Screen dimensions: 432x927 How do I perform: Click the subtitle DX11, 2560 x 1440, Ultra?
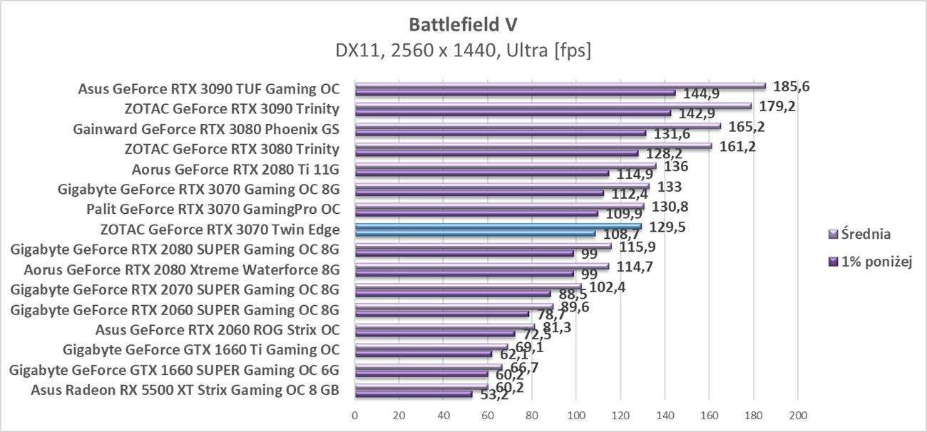click(463, 51)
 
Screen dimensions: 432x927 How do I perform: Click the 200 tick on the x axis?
click(797, 414)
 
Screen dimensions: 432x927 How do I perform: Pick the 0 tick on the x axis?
click(355, 414)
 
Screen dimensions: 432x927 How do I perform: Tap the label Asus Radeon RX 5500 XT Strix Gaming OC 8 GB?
click(185, 389)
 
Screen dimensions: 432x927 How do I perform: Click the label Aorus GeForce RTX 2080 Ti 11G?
click(235, 170)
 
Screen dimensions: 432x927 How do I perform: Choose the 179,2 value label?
click(777, 107)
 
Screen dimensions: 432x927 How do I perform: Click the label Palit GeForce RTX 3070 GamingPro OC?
click(212, 210)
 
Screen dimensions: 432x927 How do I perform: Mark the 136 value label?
click(675, 167)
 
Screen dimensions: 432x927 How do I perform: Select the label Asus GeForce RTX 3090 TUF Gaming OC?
click(209, 89)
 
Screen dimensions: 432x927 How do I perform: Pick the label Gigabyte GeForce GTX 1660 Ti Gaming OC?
click(201, 349)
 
